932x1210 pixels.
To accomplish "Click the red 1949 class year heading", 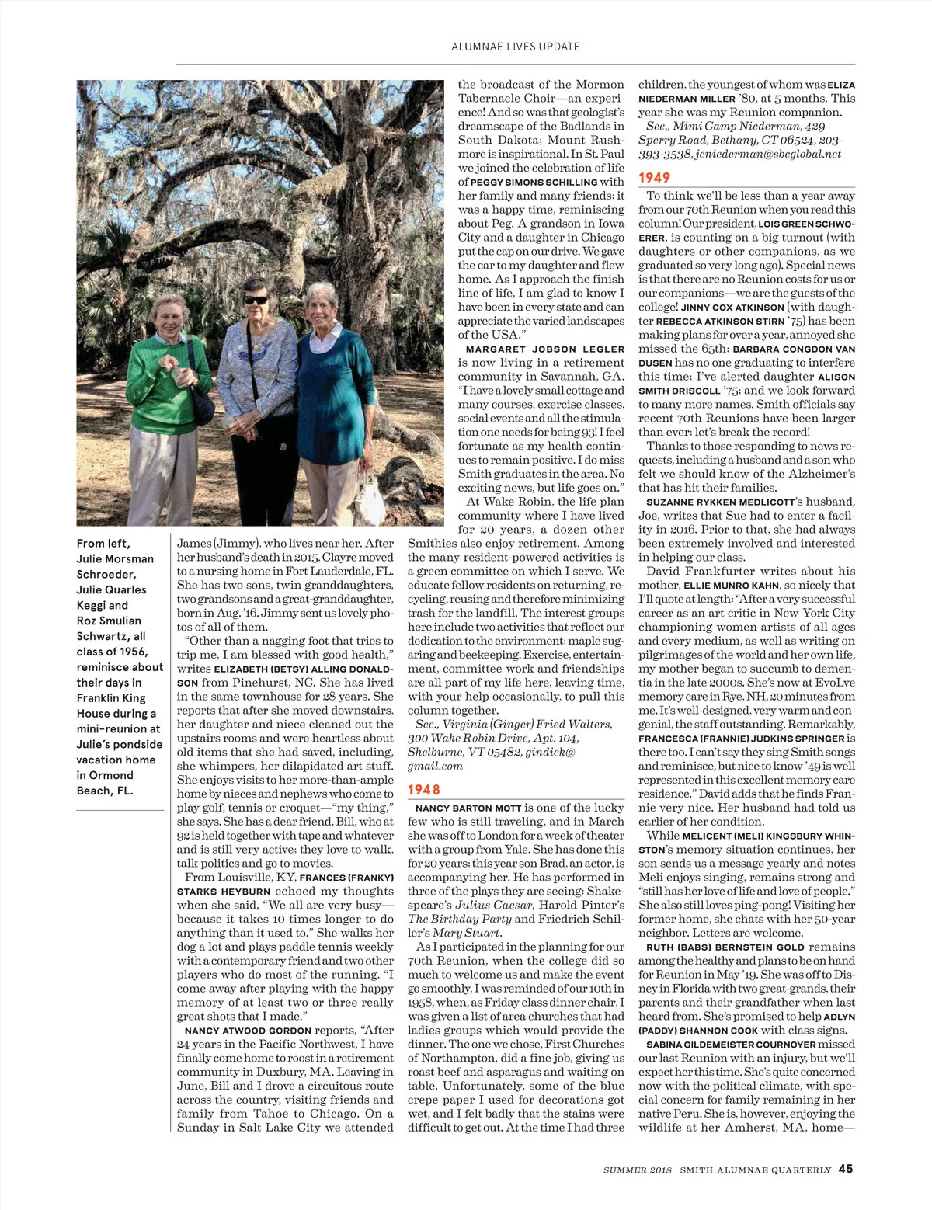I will [654, 178].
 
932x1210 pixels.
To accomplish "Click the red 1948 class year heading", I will [424, 790].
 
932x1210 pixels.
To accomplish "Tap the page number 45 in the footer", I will [846, 1169].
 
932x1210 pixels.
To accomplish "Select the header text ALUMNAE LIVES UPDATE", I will [516, 47].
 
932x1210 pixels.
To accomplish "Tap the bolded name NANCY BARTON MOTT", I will [468, 808].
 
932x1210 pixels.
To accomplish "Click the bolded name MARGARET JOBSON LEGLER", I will [545, 349].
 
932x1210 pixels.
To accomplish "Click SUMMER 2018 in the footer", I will [637, 1170].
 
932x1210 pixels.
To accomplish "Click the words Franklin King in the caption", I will [110, 697].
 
